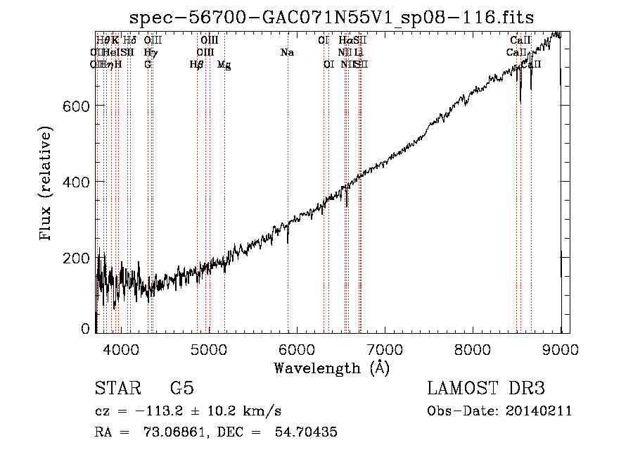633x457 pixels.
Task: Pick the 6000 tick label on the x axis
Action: tap(297, 349)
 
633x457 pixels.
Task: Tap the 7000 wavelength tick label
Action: tap(385, 349)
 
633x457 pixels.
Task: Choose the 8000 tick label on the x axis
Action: tap(473, 349)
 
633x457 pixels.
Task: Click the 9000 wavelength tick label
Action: tap(561, 349)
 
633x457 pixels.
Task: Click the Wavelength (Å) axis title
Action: tap(331, 368)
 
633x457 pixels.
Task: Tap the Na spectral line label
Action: tap(287, 53)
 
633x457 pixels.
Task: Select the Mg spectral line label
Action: tap(224, 65)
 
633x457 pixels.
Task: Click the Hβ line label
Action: tap(196, 64)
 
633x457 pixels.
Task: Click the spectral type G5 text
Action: tap(182, 389)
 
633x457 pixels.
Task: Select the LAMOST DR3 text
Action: tap(486, 389)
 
